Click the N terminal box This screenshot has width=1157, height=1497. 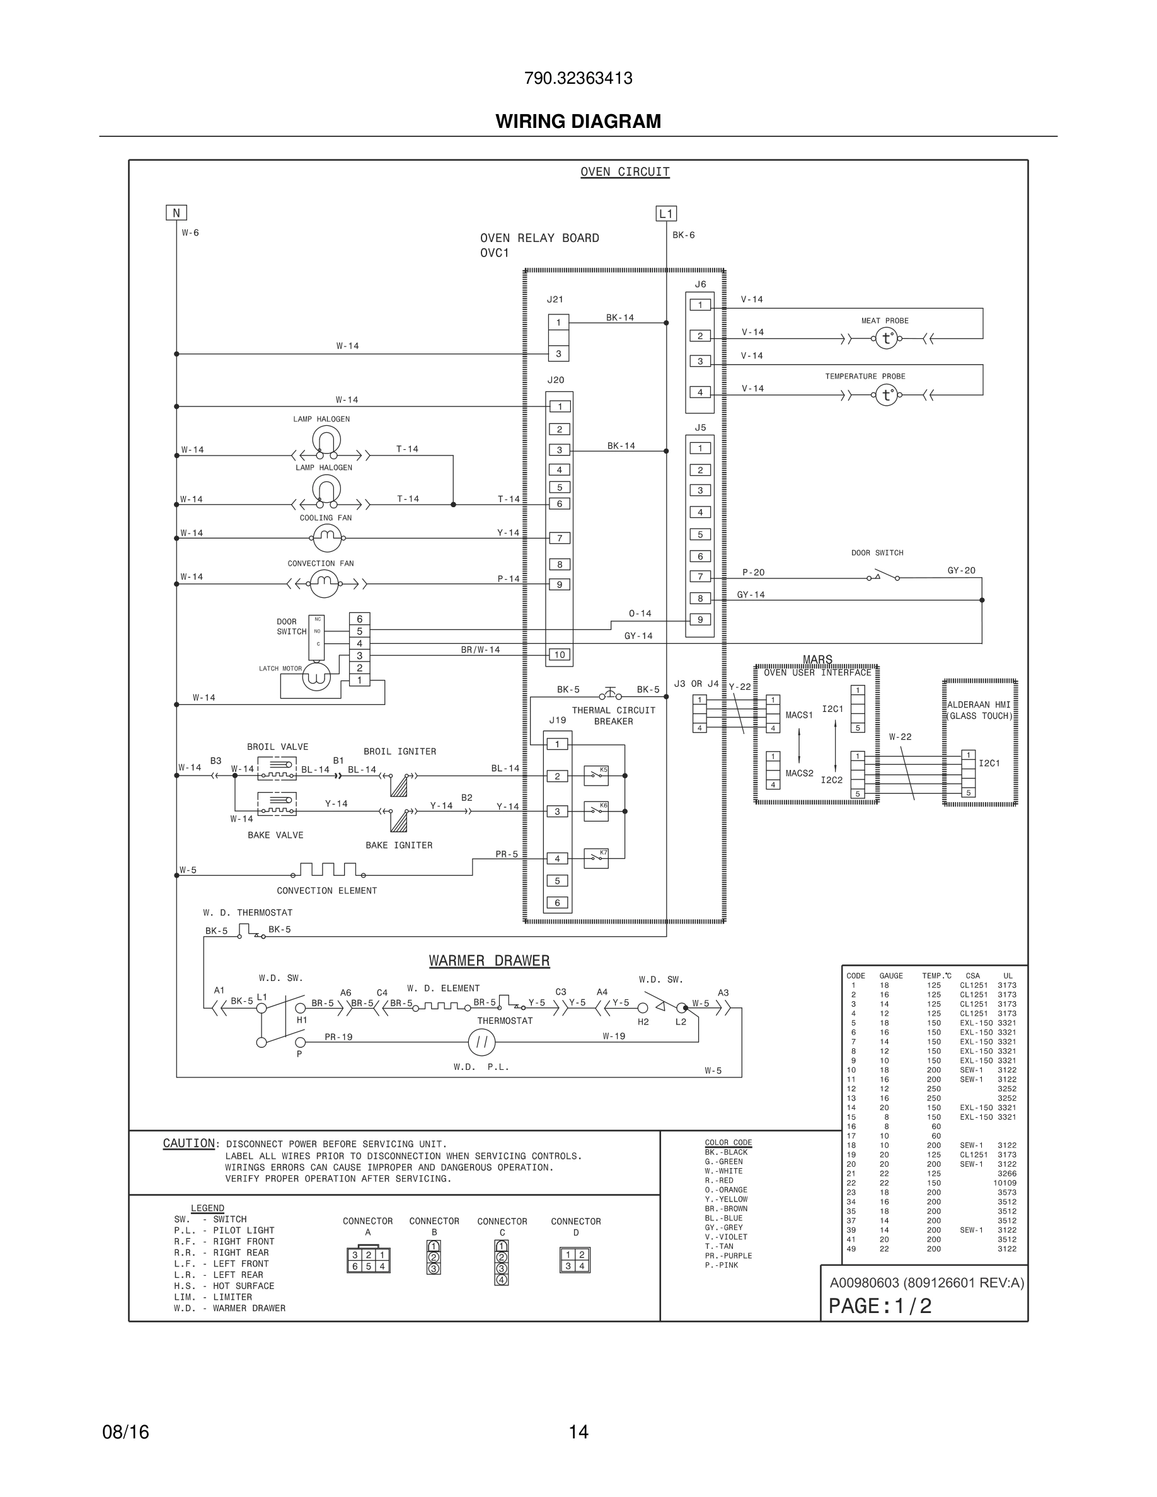(x=176, y=213)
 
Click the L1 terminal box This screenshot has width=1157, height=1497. (x=666, y=213)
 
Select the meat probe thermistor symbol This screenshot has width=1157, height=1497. (x=886, y=338)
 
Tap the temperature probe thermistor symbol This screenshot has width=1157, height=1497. (x=886, y=396)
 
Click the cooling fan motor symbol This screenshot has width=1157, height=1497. (x=327, y=538)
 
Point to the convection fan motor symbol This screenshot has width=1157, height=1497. (x=324, y=584)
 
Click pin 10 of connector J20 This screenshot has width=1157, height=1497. (x=560, y=655)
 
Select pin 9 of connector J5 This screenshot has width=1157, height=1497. (x=700, y=619)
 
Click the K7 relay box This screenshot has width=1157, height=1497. (x=596, y=858)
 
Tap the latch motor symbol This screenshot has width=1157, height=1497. (x=316, y=677)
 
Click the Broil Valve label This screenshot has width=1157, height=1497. (x=278, y=747)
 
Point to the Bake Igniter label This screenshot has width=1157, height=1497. (x=399, y=845)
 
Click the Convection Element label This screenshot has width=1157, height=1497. (x=327, y=890)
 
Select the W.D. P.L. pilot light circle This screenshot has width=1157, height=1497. (x=482, y=1043)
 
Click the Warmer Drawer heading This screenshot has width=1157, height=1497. (x=490, y=961)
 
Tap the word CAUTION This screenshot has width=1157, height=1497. (x=189, y=1144)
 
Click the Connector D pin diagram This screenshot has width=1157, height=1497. (x=575, y=1261)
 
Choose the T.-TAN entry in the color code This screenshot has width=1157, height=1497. (x=719, y=1247)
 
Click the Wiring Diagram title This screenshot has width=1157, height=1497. (x=578, y=122)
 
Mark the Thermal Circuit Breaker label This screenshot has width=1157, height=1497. (x=613, y=716)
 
